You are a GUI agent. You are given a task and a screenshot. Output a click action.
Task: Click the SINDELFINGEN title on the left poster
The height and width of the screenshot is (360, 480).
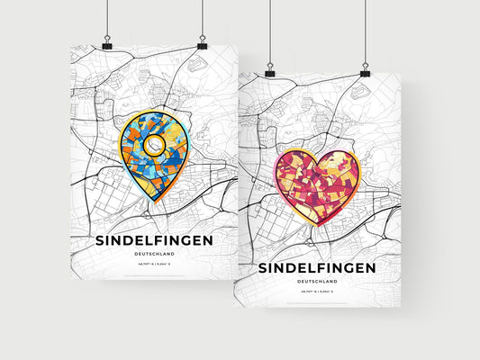point(153,240)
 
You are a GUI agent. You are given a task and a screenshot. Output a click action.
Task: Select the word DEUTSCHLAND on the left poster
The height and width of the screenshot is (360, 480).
point(153,255)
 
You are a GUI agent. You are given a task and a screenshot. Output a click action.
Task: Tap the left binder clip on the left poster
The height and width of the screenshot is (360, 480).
point(107,44)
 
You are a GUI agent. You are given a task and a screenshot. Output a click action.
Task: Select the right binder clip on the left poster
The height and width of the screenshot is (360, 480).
point(202,44)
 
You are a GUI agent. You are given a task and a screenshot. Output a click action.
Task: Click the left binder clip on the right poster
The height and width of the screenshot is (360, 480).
point(269,71)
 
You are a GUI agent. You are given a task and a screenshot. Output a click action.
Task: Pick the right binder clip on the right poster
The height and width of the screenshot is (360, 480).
point(365,71)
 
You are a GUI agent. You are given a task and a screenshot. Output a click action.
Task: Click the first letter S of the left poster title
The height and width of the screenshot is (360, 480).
point(99,240)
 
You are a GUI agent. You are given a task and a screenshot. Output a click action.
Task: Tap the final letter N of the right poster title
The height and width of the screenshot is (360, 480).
point(371,268)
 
